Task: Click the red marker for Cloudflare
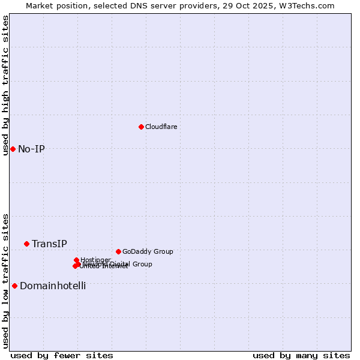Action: coord(141,127)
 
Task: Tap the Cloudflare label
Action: coord(161,127)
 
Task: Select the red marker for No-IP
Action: coord(13,149)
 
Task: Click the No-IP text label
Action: coord(31,149)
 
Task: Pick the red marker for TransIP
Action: coord(26,244)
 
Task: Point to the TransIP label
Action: coord(49,244)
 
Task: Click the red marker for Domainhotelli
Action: coord(14,286)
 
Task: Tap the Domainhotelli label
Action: coord(53,286)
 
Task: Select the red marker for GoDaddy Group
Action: coord(118,251)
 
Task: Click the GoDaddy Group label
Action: coord(148,251)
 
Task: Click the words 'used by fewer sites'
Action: coord(62,355)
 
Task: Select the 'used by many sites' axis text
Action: coord(301,355)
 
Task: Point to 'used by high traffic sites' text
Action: coord(5,85)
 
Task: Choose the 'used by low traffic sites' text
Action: coord(5,281)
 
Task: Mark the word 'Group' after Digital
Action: coord(142,264)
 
